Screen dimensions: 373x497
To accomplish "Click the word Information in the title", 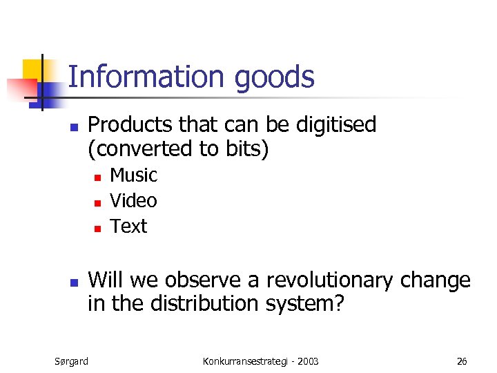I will (x=148, y=77).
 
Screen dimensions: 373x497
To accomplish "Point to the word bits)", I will (x=243, y=149).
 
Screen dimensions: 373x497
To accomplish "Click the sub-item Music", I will (x=134, y=175).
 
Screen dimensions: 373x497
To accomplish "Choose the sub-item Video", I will (x=134, y=201).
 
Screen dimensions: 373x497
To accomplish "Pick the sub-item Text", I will (x=129, y=227).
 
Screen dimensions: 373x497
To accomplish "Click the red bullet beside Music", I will (x=98, y=178).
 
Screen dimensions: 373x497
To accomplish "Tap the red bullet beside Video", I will (x=98, y=203).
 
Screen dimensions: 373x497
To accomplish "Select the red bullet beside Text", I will (x=98, y=229).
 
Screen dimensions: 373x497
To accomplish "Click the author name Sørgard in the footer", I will (x=71, y=361).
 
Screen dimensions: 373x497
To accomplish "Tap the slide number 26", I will (x=462, y=361).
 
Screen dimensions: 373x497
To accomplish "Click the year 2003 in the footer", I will (x=305, y=361).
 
